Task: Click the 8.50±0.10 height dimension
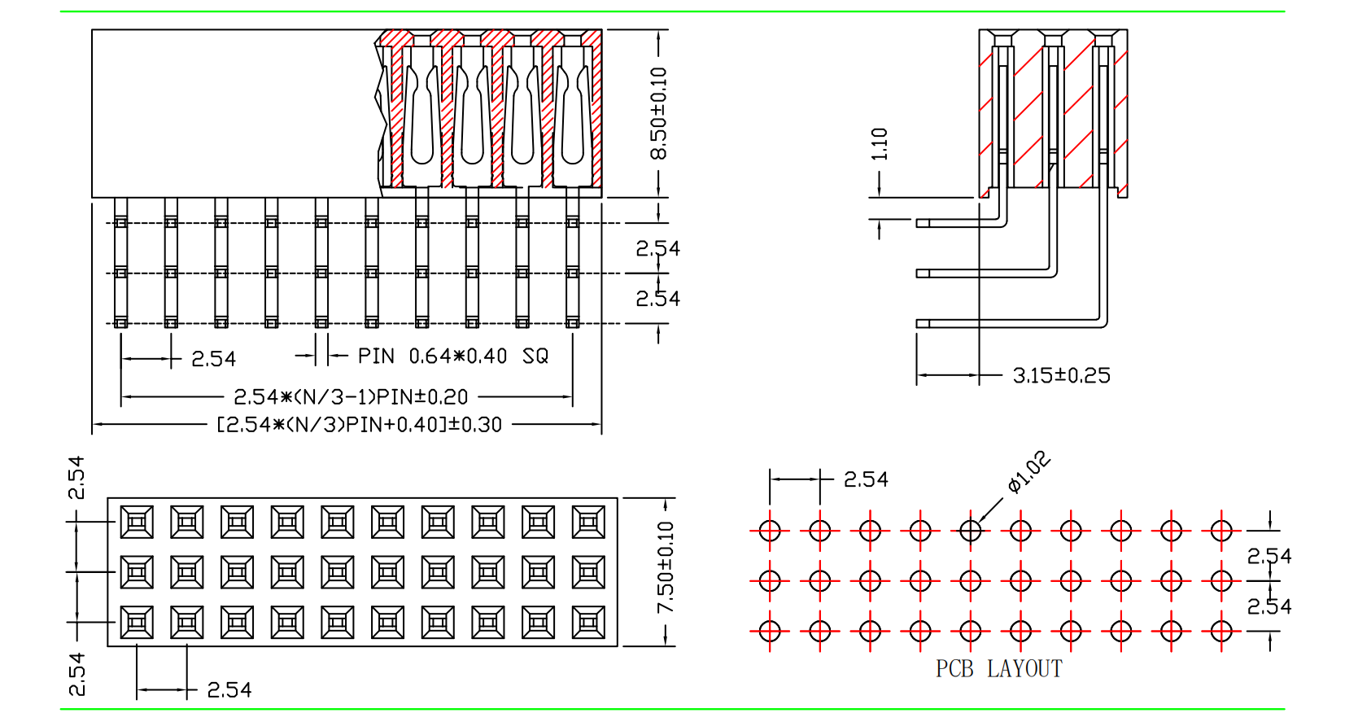point(659,113)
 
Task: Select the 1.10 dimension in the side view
point(879,144)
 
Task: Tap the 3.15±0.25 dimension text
point(1062,375)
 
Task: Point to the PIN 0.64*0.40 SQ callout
point(453,356)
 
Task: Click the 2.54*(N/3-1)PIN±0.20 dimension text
point(351,397)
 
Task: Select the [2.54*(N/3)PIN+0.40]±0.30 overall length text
point(359,425)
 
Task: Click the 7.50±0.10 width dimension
point(666,567)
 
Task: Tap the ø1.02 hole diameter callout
point(1029,471)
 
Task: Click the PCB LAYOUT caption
point(999,668)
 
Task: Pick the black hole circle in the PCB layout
point(971,531)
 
